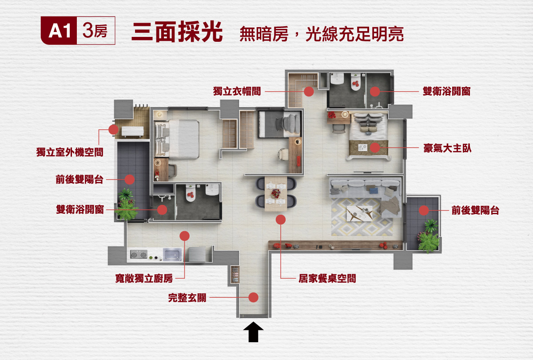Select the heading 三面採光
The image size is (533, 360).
point(177,32)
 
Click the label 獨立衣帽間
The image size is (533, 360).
point(237,92)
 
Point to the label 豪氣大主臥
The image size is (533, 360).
point(447,148)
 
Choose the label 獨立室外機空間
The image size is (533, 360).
point(70,152)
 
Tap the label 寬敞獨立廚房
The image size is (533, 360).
point(143,279)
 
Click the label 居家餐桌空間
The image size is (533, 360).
point(327,279)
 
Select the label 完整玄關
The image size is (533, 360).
point(187,298)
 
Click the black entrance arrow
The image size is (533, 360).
point(254,332)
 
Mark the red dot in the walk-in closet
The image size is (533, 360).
point(309,92)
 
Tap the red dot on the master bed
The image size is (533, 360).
point(375,148)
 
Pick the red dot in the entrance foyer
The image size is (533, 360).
point(254,297)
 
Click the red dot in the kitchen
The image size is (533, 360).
point(185,236)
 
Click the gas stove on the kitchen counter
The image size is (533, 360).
point(138,255)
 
